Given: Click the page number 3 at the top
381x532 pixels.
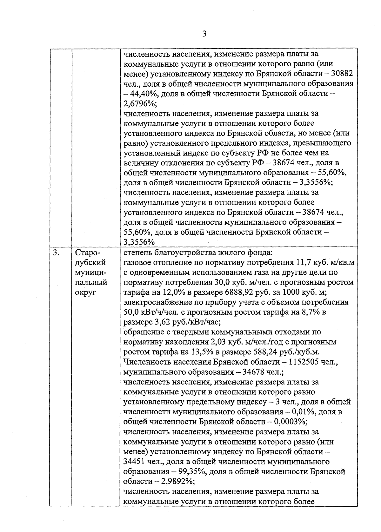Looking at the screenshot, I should [x=204, y=34].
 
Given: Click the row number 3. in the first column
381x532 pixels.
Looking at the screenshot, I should [x=56, y=253].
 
